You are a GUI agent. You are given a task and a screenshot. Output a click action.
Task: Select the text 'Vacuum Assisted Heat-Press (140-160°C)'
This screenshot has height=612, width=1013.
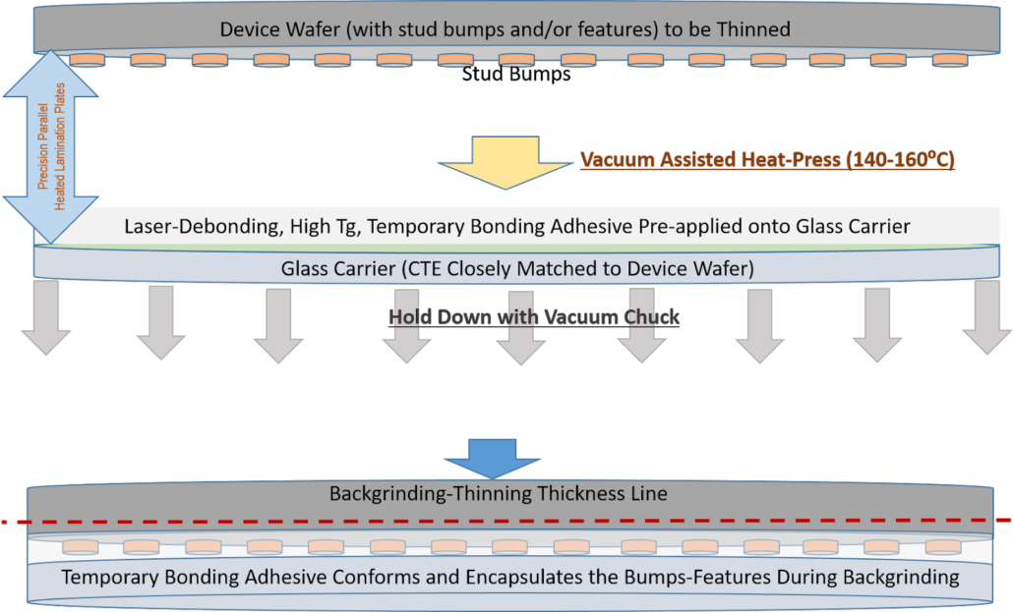pos(767,159)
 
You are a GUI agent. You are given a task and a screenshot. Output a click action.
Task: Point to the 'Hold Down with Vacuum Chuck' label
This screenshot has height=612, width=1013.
pos(534,317)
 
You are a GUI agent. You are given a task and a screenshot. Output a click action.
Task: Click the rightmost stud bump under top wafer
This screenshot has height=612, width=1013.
pos(949,61)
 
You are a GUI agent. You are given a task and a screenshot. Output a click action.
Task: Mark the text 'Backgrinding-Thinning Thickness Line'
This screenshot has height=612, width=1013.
pos(498,493)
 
